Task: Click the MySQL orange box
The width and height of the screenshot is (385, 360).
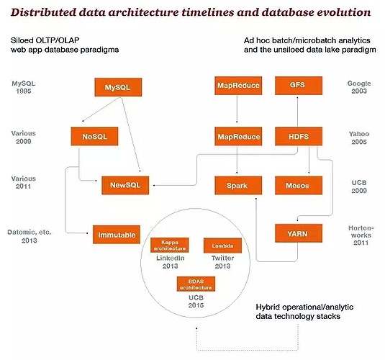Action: point(118,87)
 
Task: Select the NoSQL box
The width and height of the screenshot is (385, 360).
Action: point(94,136)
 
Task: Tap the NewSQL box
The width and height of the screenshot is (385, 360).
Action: point(125,185)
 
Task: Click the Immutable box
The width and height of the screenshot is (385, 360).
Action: point(117,235)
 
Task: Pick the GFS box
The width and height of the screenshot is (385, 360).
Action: point(299,86)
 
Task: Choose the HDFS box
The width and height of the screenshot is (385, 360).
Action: point(299,136)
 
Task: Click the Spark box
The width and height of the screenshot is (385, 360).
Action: point(238,185)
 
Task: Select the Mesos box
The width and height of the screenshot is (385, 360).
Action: point(299,185)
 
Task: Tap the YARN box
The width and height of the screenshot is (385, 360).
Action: point(299,233)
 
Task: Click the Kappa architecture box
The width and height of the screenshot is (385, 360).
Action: point(170,245)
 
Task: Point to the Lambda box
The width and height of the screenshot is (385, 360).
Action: point(222,246)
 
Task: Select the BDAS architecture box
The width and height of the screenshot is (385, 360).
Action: point(196,284)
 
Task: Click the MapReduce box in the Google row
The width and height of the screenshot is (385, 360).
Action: point(238,86)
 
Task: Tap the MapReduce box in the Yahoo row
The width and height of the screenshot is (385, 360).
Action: point(238,136)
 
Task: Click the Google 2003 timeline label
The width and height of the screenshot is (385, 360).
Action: point(359,87)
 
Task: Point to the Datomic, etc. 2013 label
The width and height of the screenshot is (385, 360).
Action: point(30,236)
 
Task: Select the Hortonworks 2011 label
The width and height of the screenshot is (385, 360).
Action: point(361,235)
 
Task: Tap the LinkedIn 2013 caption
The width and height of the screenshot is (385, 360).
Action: point(170,262)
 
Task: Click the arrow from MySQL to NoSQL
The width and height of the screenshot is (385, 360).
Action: point(101,109)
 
